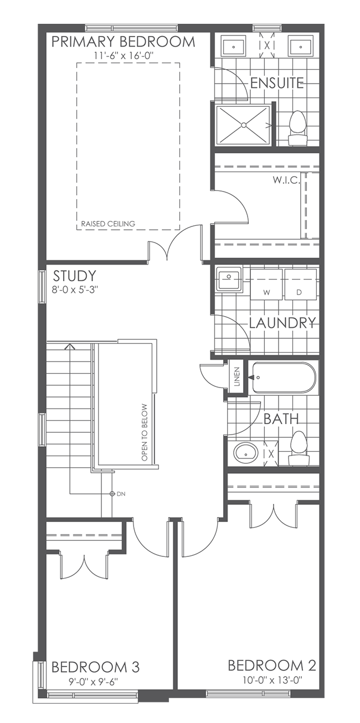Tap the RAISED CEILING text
[108, 224]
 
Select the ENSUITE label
[277, 84]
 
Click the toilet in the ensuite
[298, 125]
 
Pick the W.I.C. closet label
[286, 180]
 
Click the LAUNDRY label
[282, 323]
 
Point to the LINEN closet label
[236, 378]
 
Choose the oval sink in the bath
[245, 453]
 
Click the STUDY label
[74, 276]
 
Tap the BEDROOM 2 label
[273, 665]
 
